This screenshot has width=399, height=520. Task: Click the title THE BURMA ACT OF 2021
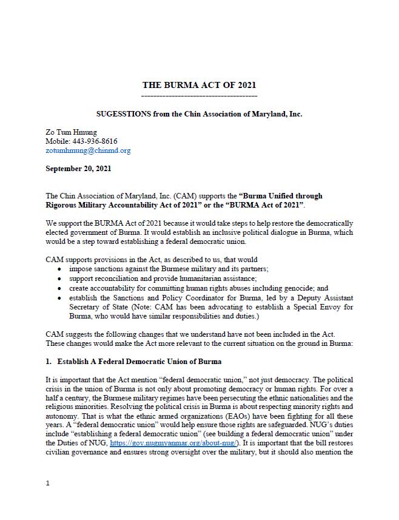[199, 85]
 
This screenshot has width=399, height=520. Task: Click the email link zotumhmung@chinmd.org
[88, 150]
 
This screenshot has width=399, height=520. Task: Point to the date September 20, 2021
[78, 169]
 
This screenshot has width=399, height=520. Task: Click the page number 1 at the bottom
[47, 484]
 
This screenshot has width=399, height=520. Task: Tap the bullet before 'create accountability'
[59, 286]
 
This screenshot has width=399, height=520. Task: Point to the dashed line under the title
[199, 96]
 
